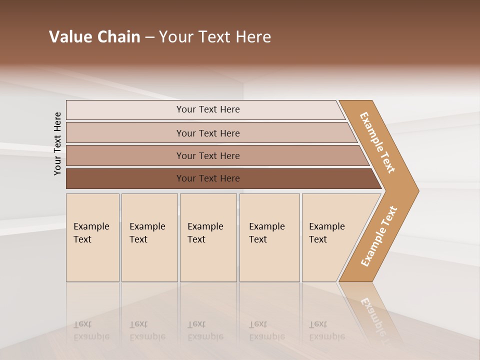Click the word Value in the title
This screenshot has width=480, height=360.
(70, 37)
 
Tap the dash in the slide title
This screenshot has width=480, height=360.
(149, 37)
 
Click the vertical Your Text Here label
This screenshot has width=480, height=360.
(57, 144)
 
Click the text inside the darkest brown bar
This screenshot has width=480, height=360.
(208, 178)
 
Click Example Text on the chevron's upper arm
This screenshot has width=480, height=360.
(377, 142)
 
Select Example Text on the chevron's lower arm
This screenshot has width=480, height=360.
(379, 236)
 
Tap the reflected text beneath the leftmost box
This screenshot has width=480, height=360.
(91, 330)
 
